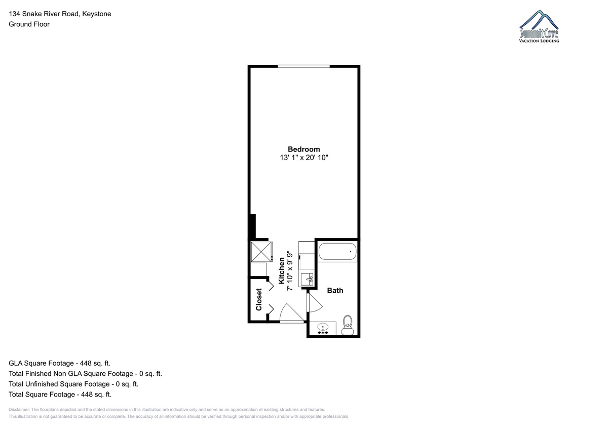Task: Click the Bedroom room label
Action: tap(303, 149)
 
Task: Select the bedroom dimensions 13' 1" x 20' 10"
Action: tap(304, 158)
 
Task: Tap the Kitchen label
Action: tap(282, 270)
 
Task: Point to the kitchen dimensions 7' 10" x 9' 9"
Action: tap(290, 270)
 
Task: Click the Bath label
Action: tap(335, 291)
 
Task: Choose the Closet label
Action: tap(259, 299)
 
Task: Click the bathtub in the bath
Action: tap(337, 252)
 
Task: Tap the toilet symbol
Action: tap(348, 325)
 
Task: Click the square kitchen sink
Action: tap(307, 279)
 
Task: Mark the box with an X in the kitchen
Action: tap(261, 252)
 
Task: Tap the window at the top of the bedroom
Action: tap(303, 66)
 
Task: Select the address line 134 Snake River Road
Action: tap(44, 14)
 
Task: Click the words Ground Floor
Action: tap(29, 24)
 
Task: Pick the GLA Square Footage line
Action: tap(59, 363)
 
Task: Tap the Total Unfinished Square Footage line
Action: tap(73, 384)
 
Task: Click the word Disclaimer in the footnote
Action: tap(19, 409)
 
